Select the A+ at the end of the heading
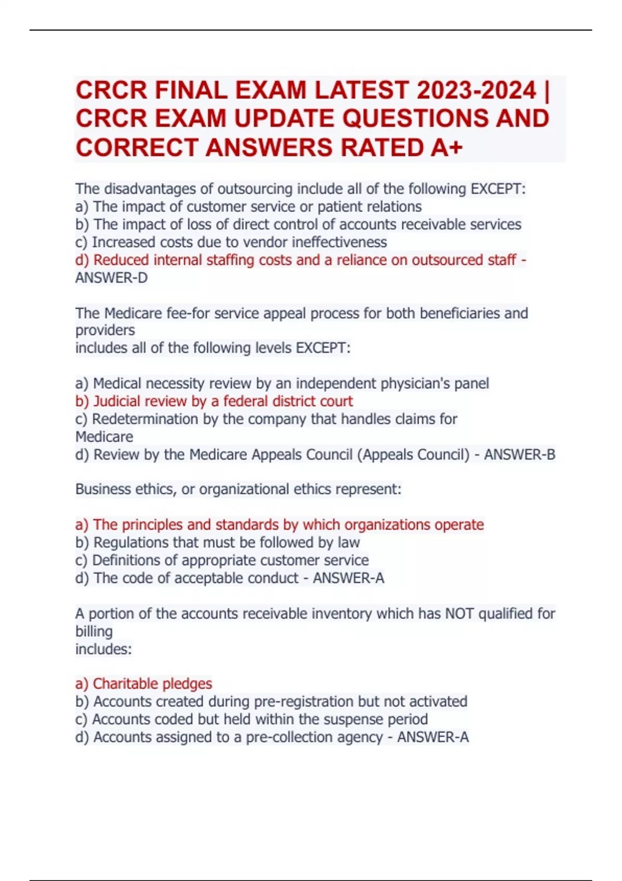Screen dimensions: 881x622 coord(446,148)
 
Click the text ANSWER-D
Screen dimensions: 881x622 coord(111,278)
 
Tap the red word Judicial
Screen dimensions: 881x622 coord(117,402)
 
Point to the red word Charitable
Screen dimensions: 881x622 coord(122,684)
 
